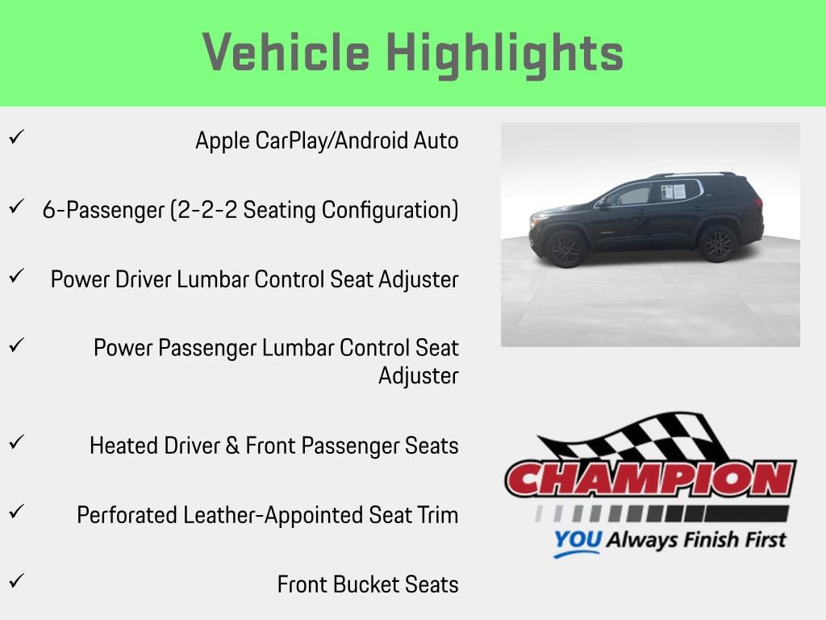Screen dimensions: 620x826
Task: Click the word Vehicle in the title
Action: [x=286, y=53]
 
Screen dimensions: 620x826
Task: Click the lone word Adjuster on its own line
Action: [x=418, y=376]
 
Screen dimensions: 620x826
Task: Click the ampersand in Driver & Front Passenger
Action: [x=232, y=446]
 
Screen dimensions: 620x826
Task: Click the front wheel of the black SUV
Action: [x=565, y=249]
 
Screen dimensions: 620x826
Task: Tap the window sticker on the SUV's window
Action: [x=673, y=191]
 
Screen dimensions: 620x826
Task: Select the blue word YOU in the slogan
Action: [x=577, y=539]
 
